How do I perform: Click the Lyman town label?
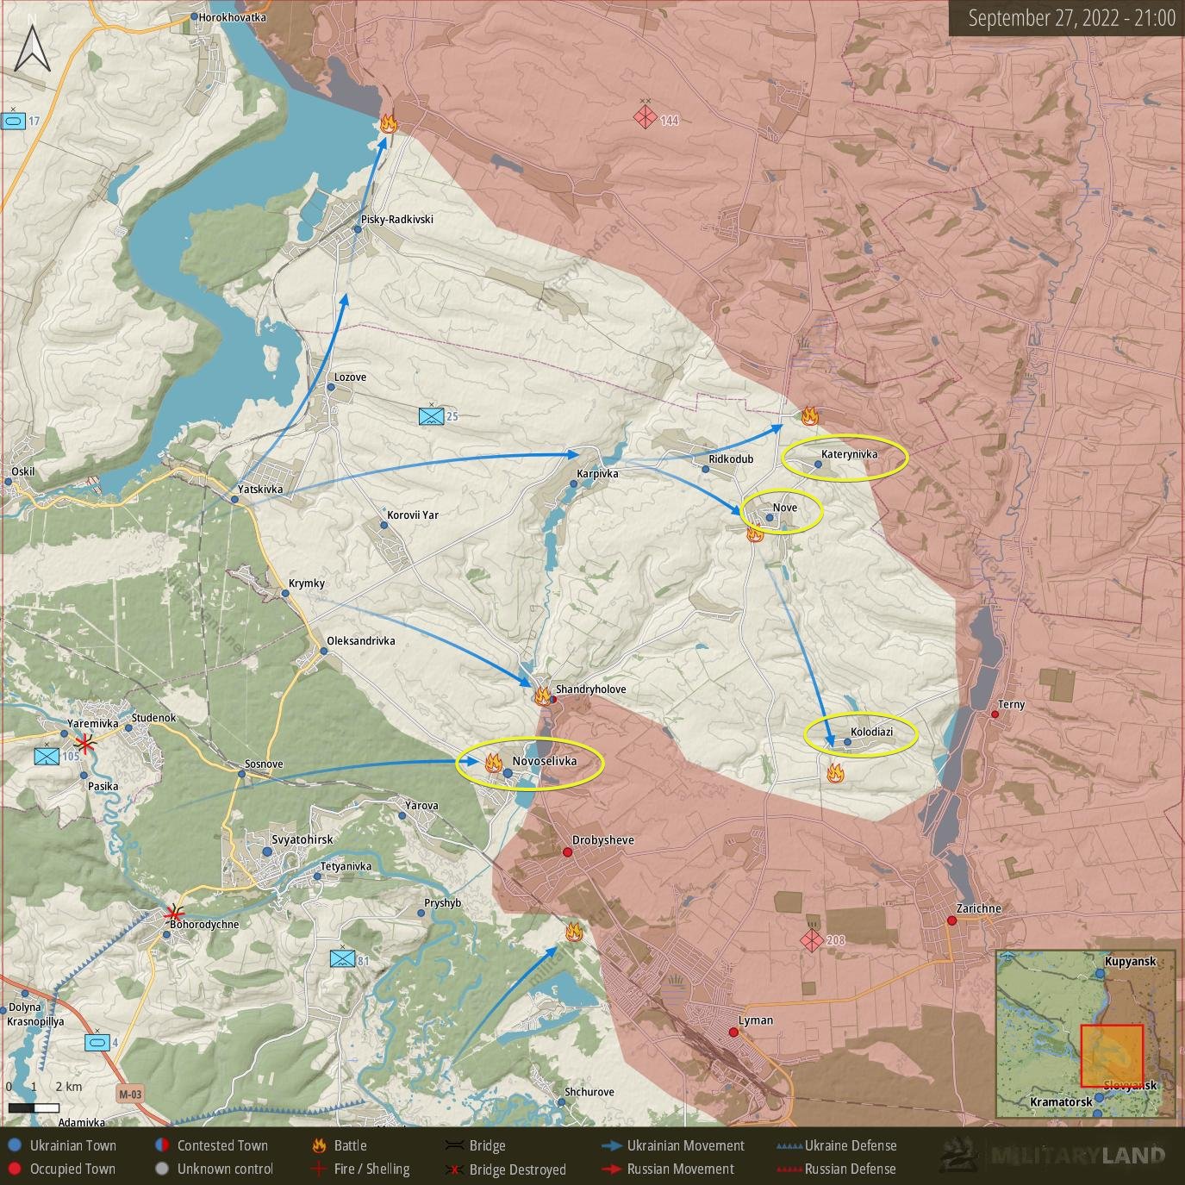(x=755, y=1020)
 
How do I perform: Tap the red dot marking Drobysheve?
(x=568, y=852)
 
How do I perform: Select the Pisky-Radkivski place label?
(x=396, y=220)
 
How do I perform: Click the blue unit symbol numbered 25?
(x=431, y=417)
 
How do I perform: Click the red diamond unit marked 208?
(x=812, y=940)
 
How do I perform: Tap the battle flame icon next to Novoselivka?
(x=493, y=762)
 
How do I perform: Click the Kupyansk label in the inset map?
(x=1130, y=962)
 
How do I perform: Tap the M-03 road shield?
(x=130, y=1095)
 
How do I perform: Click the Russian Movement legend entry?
(x=680, y=1169)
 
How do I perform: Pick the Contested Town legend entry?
(x=222, y=1145)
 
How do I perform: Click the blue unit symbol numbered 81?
(x=343, y=959)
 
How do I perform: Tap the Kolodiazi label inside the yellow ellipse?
(x=871, y=732)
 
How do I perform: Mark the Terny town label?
(x=1011, y=705)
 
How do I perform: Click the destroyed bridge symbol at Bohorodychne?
(x=175, y=913)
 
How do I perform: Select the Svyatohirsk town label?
(x=302, y=839)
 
